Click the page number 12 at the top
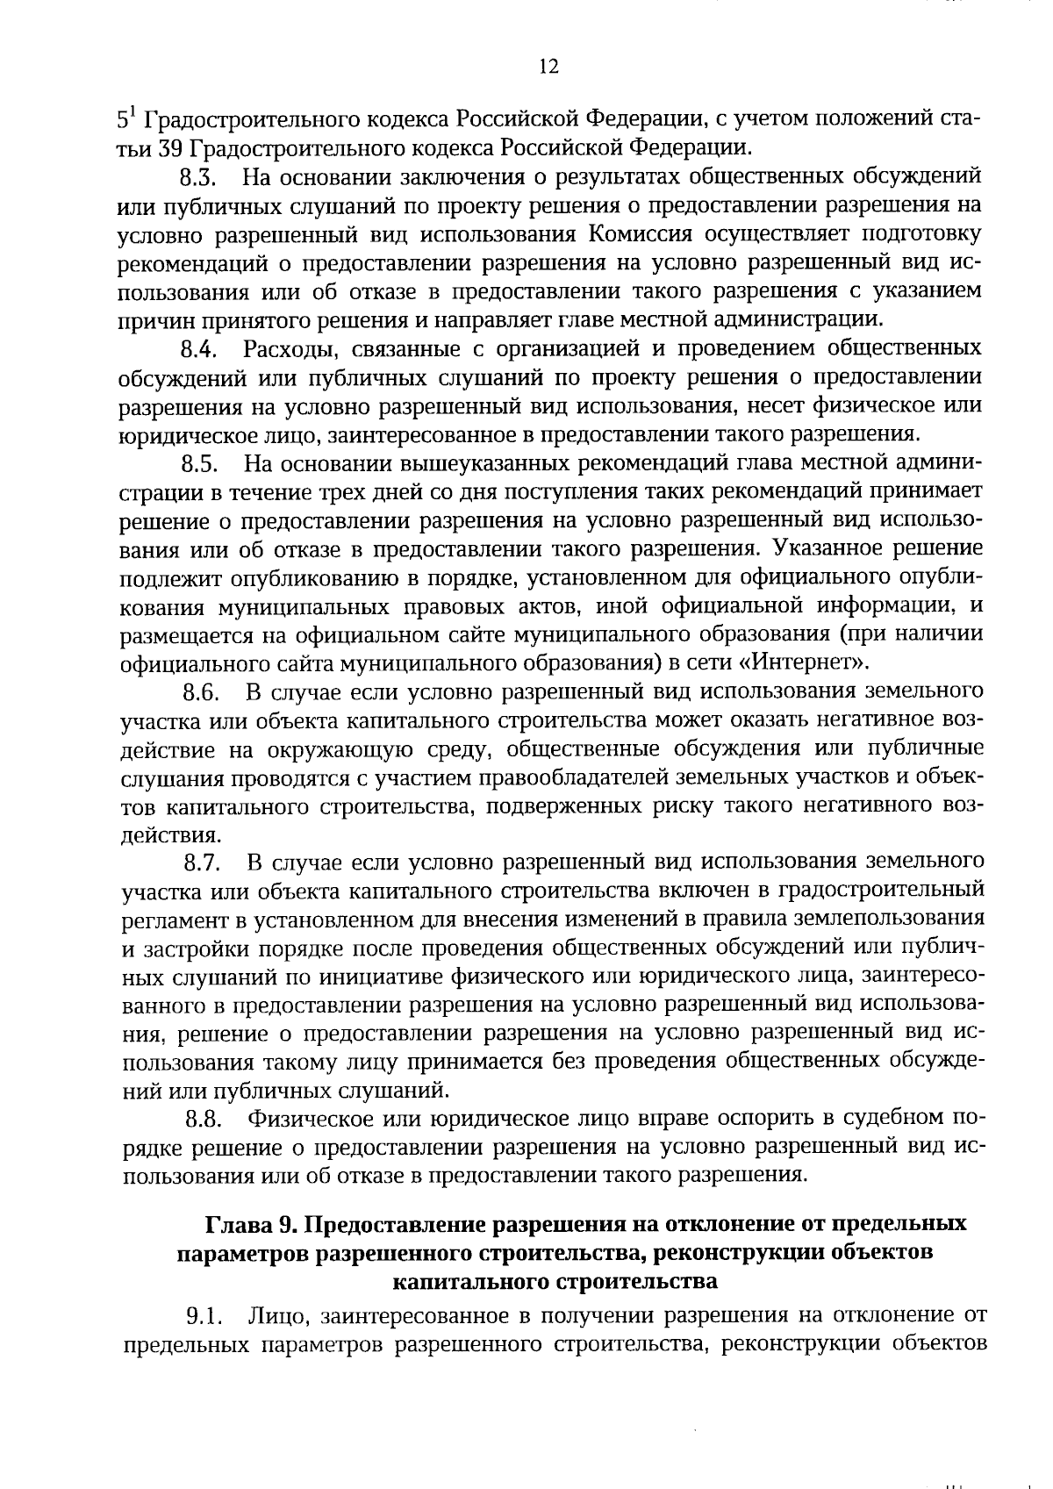coord(548,67)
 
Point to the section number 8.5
coord(199,463)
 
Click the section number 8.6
coord(200,693)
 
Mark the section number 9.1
coord(201,1317)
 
